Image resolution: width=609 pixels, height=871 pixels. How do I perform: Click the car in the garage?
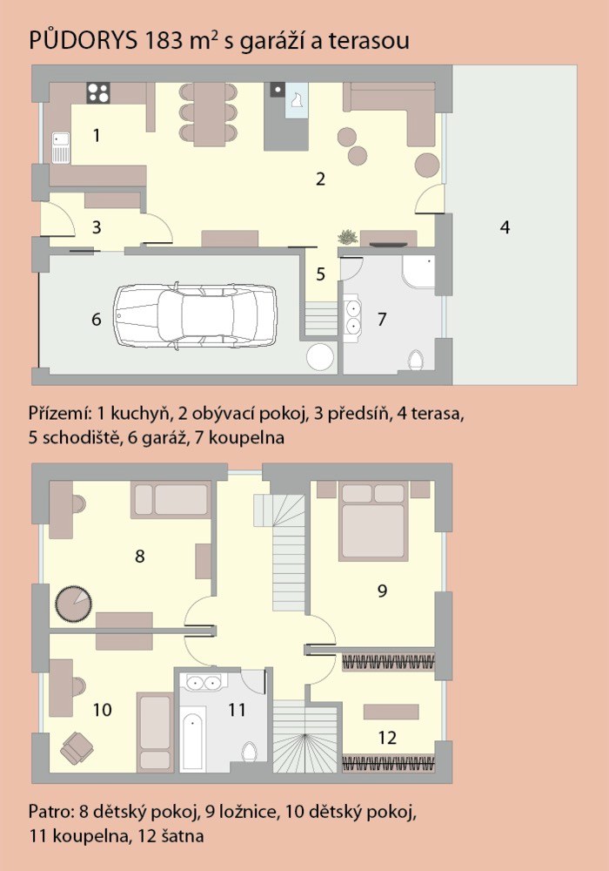[x=195, y=317]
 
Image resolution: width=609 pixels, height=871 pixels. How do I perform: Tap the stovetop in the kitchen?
[x=98, y=92]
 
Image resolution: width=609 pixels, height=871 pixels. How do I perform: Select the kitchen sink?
[x=60, y=147]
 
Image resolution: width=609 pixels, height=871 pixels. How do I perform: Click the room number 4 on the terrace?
[x=505, y=226]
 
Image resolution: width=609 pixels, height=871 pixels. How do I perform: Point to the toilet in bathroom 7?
[x=416, y=360]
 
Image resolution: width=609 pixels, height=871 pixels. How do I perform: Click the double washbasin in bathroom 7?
[x=352, y=317]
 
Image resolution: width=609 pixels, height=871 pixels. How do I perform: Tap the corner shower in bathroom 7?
[x=418, y=272]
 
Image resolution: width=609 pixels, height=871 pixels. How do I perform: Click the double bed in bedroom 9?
[x=372, y=522]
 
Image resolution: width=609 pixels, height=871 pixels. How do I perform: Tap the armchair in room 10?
[x=77, y=747]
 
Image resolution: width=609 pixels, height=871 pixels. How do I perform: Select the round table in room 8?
[x=73, y=604]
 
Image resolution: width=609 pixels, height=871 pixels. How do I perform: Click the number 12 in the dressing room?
[x=387, y=738]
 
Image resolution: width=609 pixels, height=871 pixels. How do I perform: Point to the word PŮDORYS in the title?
[x=83, y=41]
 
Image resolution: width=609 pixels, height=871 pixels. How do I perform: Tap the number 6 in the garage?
[x=96, y=320]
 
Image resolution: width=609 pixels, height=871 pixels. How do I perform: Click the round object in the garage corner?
[x=320, y=358]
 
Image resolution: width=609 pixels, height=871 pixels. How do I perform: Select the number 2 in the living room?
[x=320, y=179]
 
